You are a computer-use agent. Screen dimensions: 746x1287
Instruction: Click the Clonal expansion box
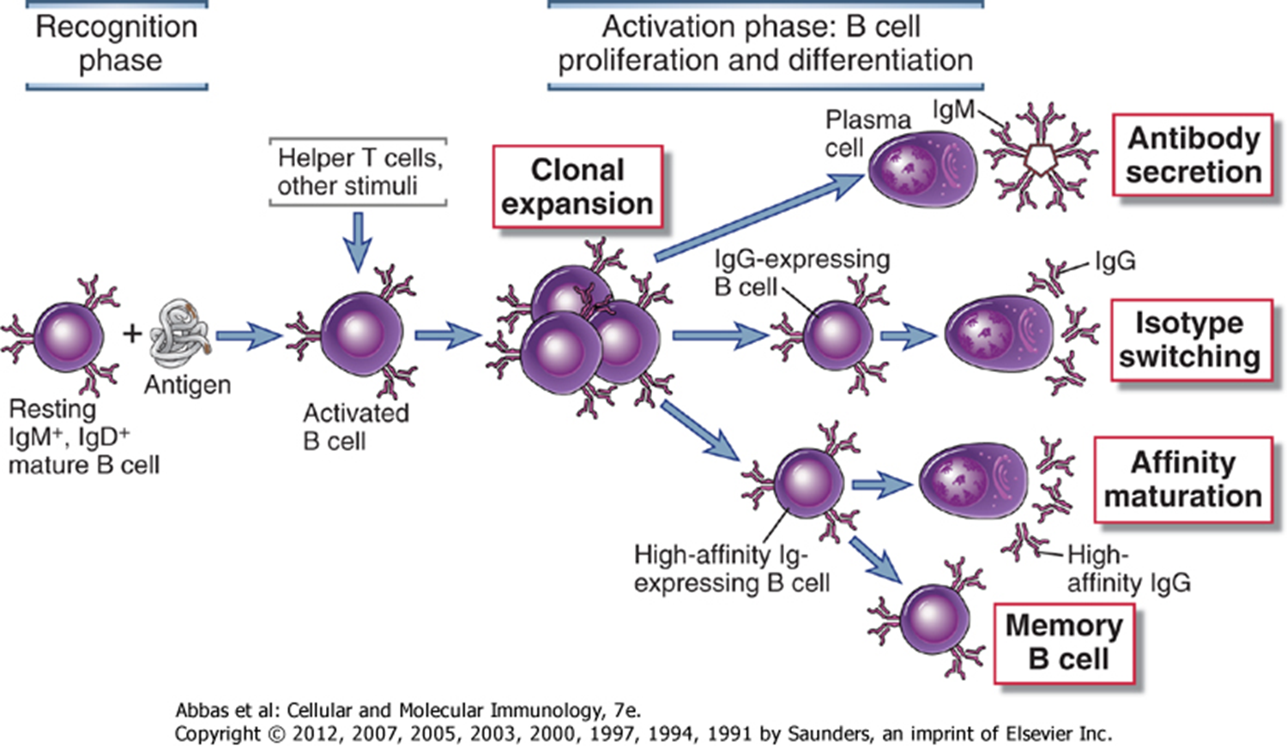(577, 187)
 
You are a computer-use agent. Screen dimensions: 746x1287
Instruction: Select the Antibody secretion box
(1193, 155)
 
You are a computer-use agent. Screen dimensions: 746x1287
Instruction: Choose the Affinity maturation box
(1182, 479)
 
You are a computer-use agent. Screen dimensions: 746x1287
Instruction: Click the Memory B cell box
(1064, 643)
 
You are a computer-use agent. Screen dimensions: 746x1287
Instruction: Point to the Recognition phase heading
(117, 44)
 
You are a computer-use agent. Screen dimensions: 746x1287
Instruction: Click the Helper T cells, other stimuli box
(358, 171)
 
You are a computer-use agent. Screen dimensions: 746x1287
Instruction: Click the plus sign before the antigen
(131, 334)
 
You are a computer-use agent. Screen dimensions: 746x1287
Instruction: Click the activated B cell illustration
(361, 334)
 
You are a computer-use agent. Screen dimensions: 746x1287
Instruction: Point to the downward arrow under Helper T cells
(358, 242)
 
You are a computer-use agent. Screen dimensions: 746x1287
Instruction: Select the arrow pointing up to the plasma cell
(759, 215)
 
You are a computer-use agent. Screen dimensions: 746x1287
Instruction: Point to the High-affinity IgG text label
(1127, 569)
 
